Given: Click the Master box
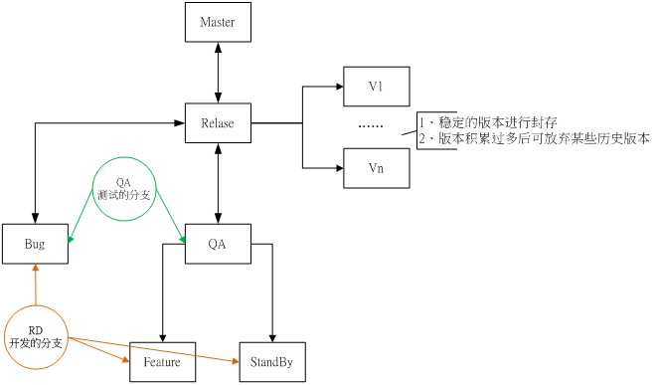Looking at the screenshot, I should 219,23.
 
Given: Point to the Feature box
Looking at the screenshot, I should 161,362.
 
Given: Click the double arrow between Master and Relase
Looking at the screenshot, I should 219,72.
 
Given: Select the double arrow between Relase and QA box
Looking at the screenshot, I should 219,183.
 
